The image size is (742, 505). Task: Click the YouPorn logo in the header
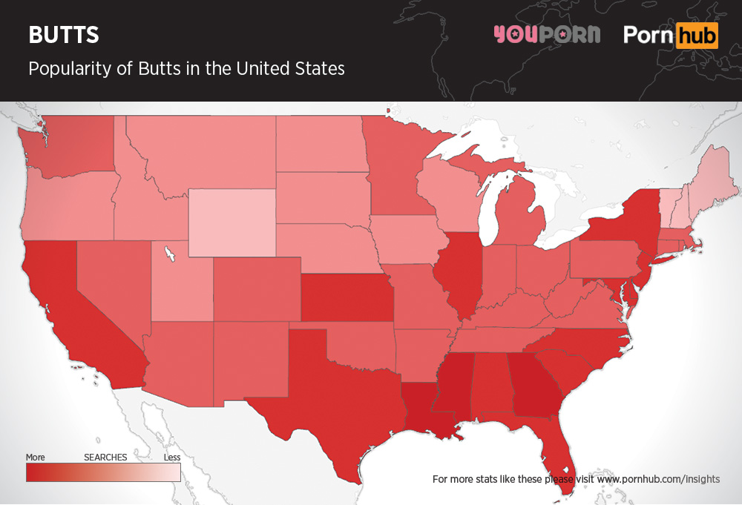click(548, 35)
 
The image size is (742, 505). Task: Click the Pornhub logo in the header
click(671, 35)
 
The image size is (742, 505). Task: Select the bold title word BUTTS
click(63, 35)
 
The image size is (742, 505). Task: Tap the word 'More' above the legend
click(35, 457)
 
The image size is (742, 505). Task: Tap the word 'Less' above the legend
click(171, 457)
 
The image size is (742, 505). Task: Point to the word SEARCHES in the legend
click(105, 457)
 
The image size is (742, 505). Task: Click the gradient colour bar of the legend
click(103, 472)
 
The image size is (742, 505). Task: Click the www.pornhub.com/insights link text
click(657, 479)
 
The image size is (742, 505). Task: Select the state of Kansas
click(346, 297)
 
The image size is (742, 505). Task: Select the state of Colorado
click(257, 290)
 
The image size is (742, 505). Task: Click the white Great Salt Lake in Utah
click(171, 254)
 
